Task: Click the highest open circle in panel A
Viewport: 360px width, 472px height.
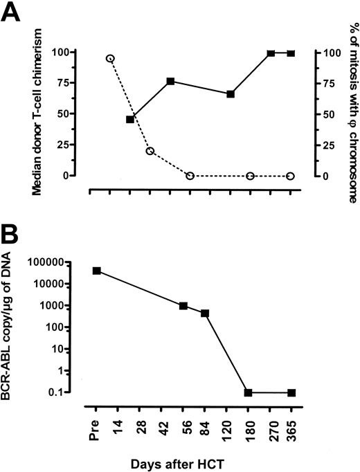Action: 110,58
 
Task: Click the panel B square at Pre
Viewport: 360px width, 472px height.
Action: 97,271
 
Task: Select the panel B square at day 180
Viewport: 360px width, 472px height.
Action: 248,392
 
